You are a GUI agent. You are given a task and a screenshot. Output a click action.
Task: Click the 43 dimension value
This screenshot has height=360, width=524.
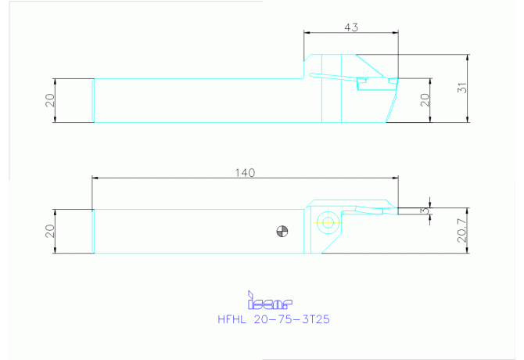(351, 27)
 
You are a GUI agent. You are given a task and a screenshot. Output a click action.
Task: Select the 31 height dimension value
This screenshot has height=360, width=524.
(462, 88)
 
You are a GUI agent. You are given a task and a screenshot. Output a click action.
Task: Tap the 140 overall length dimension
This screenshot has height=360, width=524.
(245, 173)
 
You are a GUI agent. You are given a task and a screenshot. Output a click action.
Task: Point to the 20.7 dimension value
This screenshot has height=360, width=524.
(462, 230)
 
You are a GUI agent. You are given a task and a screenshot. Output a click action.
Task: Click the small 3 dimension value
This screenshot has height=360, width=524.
(425, 211)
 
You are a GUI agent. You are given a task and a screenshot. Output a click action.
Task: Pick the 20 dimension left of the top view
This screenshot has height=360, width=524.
(50, 100)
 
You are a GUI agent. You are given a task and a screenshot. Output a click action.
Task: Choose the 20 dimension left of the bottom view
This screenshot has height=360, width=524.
(50, 231)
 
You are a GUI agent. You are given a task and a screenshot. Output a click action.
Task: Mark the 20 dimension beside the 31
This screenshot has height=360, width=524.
(425, 100)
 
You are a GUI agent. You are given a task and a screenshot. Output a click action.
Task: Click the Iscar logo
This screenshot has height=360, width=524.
(270, 300)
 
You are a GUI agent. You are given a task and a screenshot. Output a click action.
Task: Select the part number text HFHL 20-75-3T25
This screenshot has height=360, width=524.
(274, 319)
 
